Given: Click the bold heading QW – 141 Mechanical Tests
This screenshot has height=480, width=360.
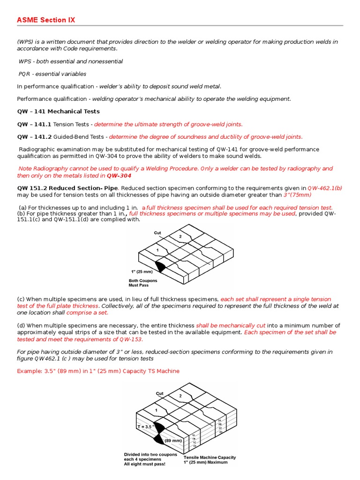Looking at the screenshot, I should [x=58, y=112].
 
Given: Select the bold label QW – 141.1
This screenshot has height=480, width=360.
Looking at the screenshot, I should [x=34, y=124].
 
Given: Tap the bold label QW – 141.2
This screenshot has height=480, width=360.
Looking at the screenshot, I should [x=34, y=137].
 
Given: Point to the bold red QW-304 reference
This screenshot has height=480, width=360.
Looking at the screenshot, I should [x=119, y=176].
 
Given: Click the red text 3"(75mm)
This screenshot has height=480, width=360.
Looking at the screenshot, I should [x=297, y=195].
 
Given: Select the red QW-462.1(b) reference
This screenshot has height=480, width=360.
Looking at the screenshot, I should [x=324, y=188].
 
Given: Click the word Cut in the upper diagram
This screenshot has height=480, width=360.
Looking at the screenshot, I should [x=157, y=232].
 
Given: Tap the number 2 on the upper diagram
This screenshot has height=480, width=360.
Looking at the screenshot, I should [x=180, y=237].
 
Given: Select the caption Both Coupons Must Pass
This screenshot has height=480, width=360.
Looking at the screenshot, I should [x=143, y=283].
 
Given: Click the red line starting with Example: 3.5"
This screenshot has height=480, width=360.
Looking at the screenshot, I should [x=98, y=371].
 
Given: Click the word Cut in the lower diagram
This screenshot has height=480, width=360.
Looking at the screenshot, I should [x=160, y=393].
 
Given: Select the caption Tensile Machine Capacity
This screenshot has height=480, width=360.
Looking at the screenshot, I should [x=210, y=457].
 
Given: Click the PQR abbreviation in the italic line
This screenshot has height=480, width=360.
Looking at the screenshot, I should [x=24, y=74].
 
